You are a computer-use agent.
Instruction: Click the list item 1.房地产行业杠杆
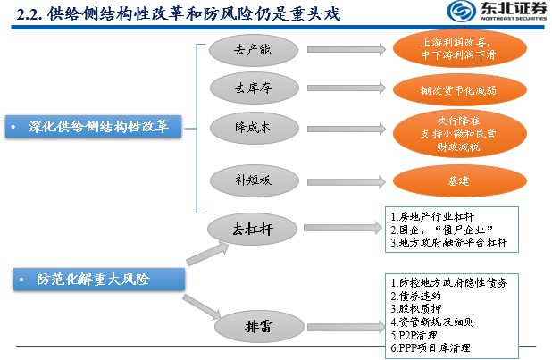(x=436, y=217)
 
